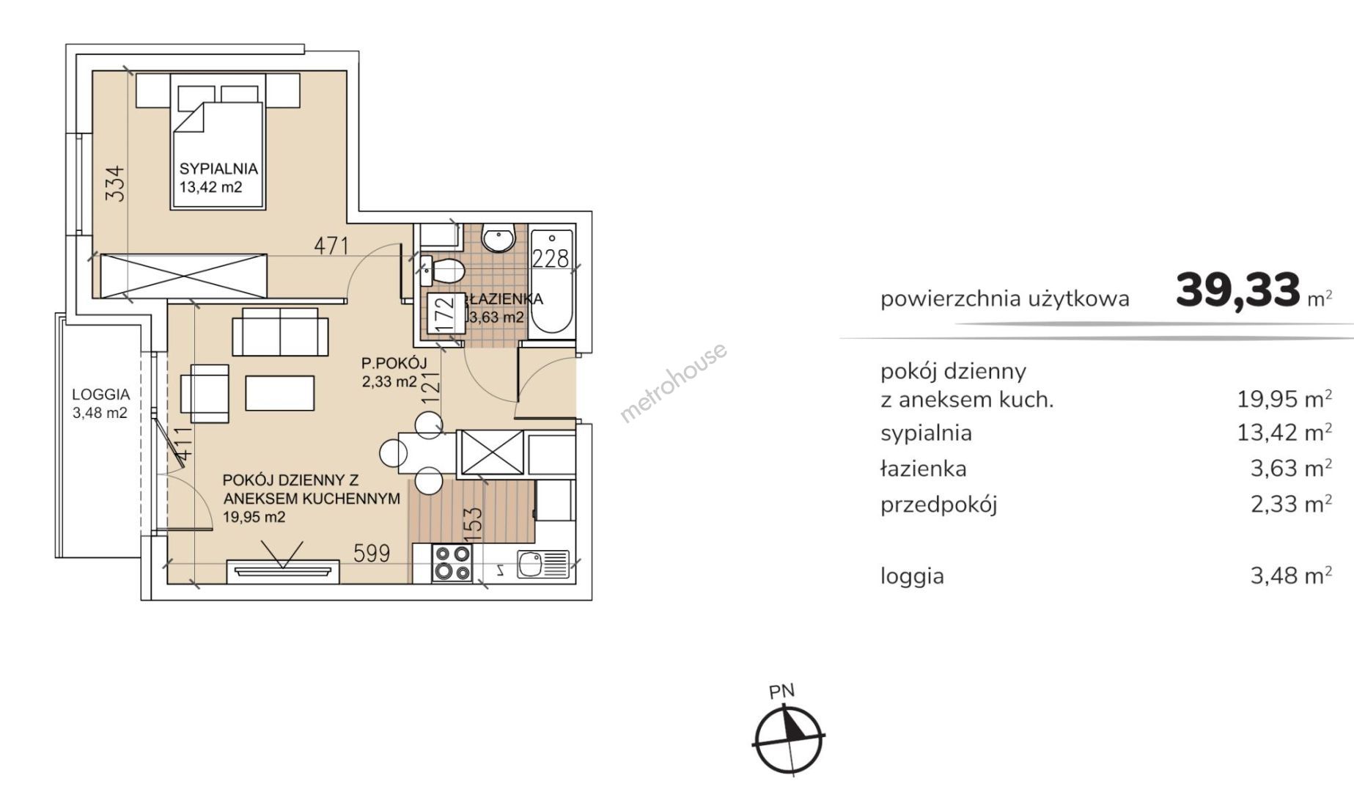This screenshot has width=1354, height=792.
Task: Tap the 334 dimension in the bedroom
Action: tap(116, 183)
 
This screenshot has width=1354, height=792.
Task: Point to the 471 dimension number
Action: tap(331, 246)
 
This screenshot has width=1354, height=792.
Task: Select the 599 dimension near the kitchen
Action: tap(372, 553)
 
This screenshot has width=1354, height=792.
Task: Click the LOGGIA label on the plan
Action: tap(101, 395)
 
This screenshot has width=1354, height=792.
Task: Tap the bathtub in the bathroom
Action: tap(551, 282)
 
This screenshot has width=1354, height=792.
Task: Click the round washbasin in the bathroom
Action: tap(499, 240)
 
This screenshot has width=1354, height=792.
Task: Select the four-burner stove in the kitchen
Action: tap(452, 563)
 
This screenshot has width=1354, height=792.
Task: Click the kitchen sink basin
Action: tap(530, 564)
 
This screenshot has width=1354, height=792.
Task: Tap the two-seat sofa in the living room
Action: tap(280, 331)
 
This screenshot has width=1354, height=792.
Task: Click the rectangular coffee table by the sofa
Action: tap(280, 393)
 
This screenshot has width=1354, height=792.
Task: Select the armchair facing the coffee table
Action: tap(205, 393)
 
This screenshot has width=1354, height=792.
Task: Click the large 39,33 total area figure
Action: tap(1238, 290)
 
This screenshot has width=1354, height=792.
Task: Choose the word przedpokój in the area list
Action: tap(939, 505)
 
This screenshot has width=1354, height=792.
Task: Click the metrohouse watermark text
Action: tap(674, 382)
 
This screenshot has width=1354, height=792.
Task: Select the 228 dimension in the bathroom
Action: tap(551, 258)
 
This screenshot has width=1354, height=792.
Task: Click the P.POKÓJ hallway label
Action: tap(394, 363)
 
